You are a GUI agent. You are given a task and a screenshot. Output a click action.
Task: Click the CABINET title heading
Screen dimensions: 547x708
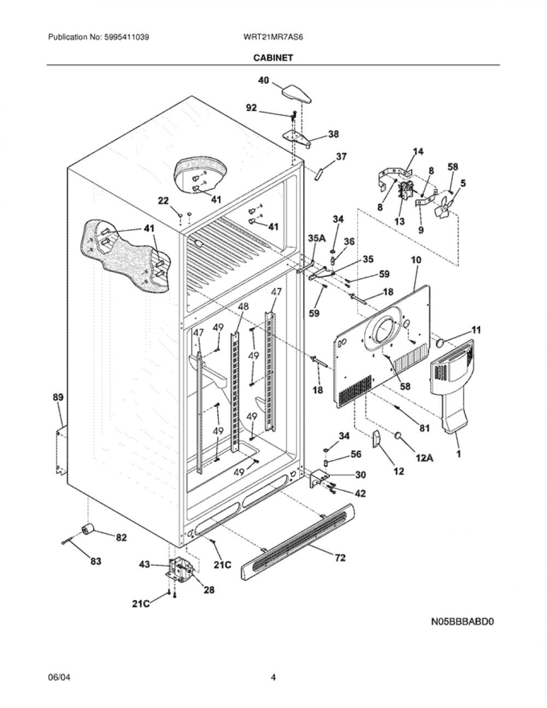click(273, 57)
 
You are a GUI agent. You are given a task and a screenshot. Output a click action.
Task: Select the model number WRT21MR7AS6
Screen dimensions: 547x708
click(273, 37)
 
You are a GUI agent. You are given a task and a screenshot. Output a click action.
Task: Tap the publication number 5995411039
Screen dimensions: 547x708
click(127, 37)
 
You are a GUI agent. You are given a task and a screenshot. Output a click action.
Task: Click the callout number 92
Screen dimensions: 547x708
click(252, 108)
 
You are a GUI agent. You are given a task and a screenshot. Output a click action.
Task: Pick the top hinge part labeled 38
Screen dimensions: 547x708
click(296, 138)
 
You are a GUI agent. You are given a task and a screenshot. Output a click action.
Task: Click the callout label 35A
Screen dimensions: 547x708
click(317, 238)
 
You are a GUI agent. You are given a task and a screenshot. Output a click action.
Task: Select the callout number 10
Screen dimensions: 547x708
click(416, 260)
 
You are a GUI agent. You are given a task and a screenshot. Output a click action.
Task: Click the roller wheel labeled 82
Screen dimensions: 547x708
click(88, 529)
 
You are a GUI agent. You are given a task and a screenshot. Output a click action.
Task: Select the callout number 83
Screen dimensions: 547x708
click(96, 561)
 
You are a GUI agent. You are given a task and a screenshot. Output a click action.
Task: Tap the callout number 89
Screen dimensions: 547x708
click(59, 397)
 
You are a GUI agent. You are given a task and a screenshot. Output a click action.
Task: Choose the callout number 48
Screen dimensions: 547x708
click(243, 306)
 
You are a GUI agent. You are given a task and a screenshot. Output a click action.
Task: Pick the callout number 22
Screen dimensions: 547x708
click(163, 201)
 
